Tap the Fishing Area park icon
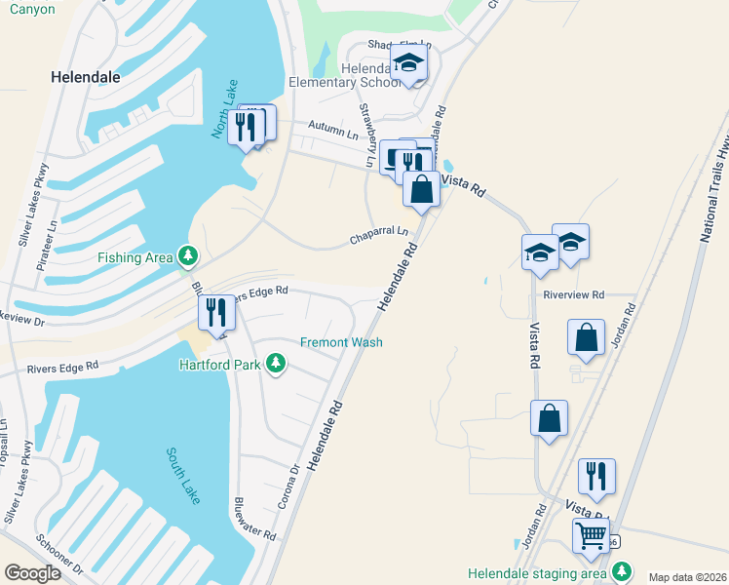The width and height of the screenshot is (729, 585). (187, 256)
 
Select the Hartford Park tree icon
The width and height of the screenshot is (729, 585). (277, 364)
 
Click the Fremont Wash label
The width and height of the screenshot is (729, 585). (340, 342)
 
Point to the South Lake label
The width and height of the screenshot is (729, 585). (183, 475)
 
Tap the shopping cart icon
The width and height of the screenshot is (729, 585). (592, 535)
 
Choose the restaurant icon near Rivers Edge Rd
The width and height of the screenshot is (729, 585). (216, 312)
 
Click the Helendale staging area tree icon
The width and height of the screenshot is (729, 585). (620, 572)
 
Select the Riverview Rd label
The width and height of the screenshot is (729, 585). (574, 294)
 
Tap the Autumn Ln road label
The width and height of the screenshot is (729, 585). (334, 127)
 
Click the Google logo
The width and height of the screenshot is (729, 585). (32, 572)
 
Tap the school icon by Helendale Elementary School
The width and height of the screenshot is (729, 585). (409, 64)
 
